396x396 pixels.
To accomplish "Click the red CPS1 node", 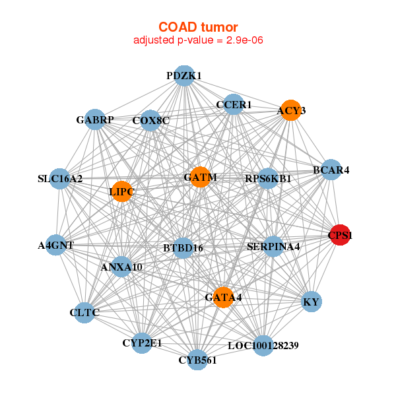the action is click(340, 235).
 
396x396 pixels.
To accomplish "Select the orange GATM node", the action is click(200, 177).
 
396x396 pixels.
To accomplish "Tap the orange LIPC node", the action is click(122, 191).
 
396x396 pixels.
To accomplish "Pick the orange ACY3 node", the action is click(291, 110).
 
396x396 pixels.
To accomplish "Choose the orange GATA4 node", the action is click(223, 297).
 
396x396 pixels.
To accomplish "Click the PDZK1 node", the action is click(184, 76).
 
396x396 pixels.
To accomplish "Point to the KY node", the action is click(312, 302).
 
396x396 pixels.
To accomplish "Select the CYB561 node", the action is click(197, 360).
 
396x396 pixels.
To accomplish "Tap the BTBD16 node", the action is click(183, 247).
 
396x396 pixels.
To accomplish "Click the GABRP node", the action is click(95, 119).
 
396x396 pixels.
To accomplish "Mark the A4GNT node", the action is click(56, 245).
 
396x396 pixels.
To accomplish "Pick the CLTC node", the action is click(84, 313).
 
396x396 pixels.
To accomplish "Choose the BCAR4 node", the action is click(331, 170).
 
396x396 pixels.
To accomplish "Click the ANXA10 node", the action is click(121, 267).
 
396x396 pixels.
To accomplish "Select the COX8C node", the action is click(150, 121).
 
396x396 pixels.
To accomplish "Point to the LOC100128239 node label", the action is click(263, 346).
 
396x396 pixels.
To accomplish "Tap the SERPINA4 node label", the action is click(273, 247).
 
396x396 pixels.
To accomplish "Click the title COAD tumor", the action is click(198, 27).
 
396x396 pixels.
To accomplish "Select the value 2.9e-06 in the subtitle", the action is click(244, 40).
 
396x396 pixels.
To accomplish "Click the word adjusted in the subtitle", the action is click(154, 40).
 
